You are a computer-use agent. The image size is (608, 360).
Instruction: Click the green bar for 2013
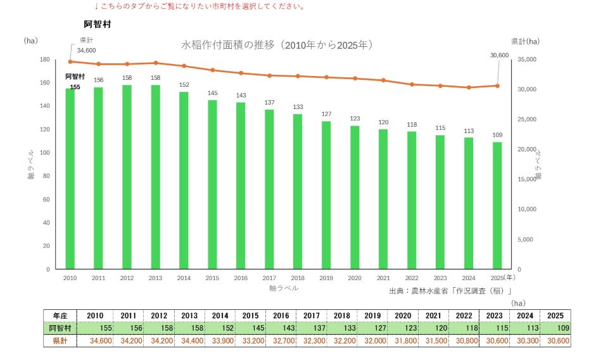156,177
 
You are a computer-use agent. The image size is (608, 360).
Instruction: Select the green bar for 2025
497,205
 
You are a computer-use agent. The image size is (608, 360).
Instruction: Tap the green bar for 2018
298,191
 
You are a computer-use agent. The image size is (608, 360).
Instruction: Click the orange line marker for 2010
70,61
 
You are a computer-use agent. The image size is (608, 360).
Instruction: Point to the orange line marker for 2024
469,87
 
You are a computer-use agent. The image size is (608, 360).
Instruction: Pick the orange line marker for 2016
241,73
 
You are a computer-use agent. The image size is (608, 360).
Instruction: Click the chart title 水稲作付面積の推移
227,45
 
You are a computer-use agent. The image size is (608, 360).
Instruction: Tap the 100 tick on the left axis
44,153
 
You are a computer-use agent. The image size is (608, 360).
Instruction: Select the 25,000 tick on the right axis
527,120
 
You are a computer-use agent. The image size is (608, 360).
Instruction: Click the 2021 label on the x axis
383,278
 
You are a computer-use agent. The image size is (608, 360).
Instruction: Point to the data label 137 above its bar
270,103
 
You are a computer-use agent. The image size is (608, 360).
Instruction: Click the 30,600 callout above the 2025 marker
500,56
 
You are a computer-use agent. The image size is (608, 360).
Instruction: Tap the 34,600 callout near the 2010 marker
86,51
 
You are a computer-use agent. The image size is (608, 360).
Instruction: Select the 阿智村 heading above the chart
98,24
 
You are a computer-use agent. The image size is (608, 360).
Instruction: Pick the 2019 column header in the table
372,316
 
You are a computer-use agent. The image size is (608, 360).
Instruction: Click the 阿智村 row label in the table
60,328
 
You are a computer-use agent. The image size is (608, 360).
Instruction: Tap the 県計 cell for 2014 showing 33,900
220,341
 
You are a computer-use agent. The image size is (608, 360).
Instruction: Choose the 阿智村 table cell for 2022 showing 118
464,328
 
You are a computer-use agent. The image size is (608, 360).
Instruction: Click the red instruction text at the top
200,6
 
